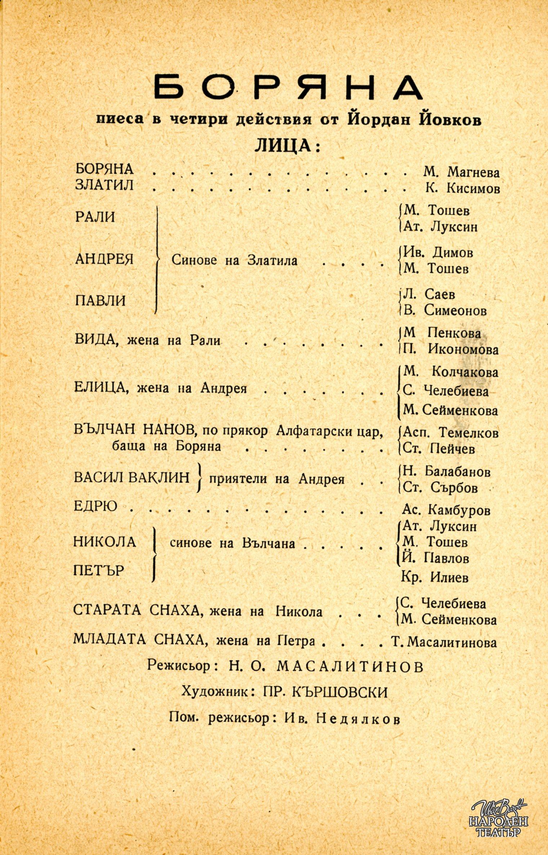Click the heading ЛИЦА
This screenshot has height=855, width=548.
point(287,145)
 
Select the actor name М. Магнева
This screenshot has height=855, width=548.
point(461,172)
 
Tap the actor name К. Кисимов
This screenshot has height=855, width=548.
point(462,188)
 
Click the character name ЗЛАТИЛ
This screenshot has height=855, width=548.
point(104,185)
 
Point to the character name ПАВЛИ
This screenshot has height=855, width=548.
point(100,300)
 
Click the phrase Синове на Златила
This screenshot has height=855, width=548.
point(234,260)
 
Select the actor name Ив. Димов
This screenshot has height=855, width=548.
point(438,253)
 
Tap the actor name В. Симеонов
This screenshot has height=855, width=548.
point(445,310)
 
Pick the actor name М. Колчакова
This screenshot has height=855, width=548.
point(451,372)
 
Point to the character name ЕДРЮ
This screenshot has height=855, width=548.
point(95,506)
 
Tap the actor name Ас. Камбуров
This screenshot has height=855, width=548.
point(446,510)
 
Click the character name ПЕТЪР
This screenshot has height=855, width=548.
point(99,571)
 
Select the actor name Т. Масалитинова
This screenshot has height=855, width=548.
point(444,642)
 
